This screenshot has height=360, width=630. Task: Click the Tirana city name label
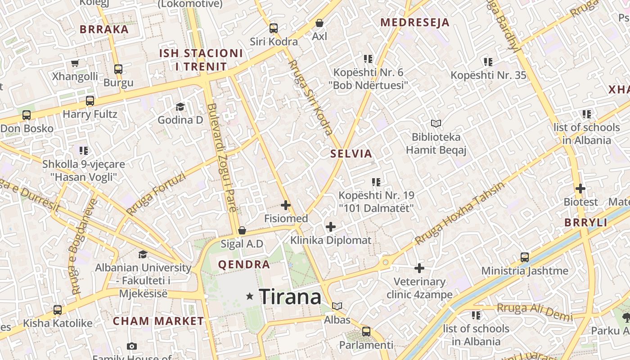pyautogui.click(x=290, y=297)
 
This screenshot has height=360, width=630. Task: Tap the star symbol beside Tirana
pyautogui.click(x=250, y=296)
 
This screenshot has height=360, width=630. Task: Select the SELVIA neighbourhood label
pyautogui.click(x=351, y=153)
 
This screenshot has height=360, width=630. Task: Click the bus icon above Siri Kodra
pyautogui.click(x=273, y=28)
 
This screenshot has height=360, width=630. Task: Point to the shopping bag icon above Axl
pyautogui.click(x=319, y=22)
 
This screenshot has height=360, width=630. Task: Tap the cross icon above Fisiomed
pyautogui.click(x=286, y=205)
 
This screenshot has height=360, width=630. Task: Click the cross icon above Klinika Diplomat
pyautogui.click(x=331, y=226)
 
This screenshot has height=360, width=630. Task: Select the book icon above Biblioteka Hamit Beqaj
pyautogui.click(x=436, y=123)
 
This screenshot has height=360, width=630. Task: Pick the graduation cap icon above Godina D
pyautogui.click(x=180, y=107)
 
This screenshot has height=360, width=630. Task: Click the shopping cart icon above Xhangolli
pyautogui.click(x=75, y=63)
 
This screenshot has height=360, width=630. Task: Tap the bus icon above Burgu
pyautogui.click(x=118, y=69)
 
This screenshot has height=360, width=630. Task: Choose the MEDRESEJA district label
pyautogui.click(x=415, y=22)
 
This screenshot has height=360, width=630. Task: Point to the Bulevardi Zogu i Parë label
pyautogui.click(x=223, y=157)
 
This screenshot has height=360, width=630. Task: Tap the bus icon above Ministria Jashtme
pyautogui.click(x=525, y=257)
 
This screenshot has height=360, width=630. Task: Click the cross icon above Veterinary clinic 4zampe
pyautogui.click(x=419, y=268)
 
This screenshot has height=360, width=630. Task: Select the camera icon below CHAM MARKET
pyautogui.click(x=131, y=346)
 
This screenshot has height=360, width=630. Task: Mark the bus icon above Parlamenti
pyautogui.click(x=366, y=332)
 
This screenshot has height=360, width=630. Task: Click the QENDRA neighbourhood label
pyautogui.click(x=244, y=264)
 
